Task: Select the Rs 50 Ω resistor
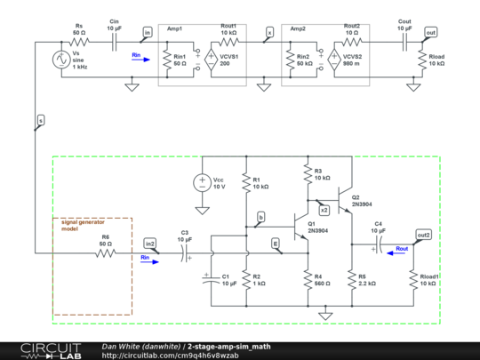click(x=80, y=42)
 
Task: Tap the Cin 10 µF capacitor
click(x=114, y=42)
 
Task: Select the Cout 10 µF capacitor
click(x=403, y=42)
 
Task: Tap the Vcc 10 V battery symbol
click(x=203, y=183)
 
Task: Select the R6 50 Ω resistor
click(x=105, y=252)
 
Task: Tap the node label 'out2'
click(x=425, y=235)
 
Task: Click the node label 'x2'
click(x=324, y=210)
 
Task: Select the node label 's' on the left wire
click(x=41, y=119)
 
